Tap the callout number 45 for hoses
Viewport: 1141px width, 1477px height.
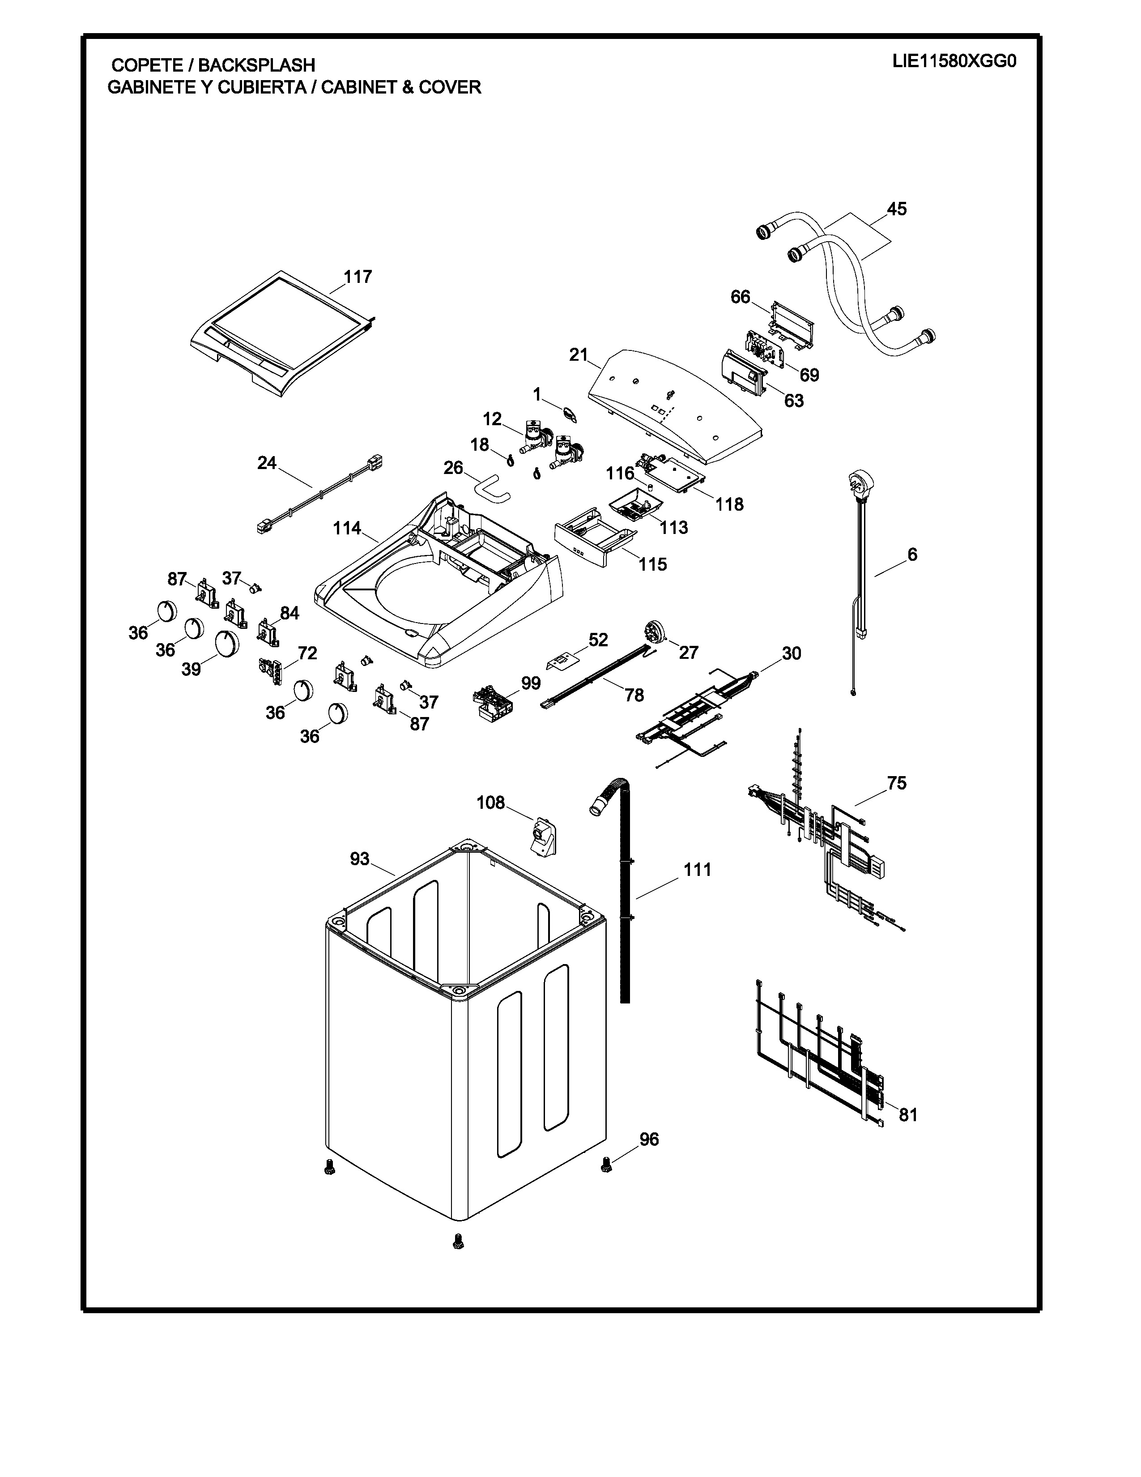tap(896, 209)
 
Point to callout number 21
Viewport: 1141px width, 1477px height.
tap(579, 354)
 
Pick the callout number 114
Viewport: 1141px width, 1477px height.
tap(347, 528)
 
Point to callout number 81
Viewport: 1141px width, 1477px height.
tap(908, 1114)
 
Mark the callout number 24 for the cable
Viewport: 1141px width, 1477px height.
tap(267, 463)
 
